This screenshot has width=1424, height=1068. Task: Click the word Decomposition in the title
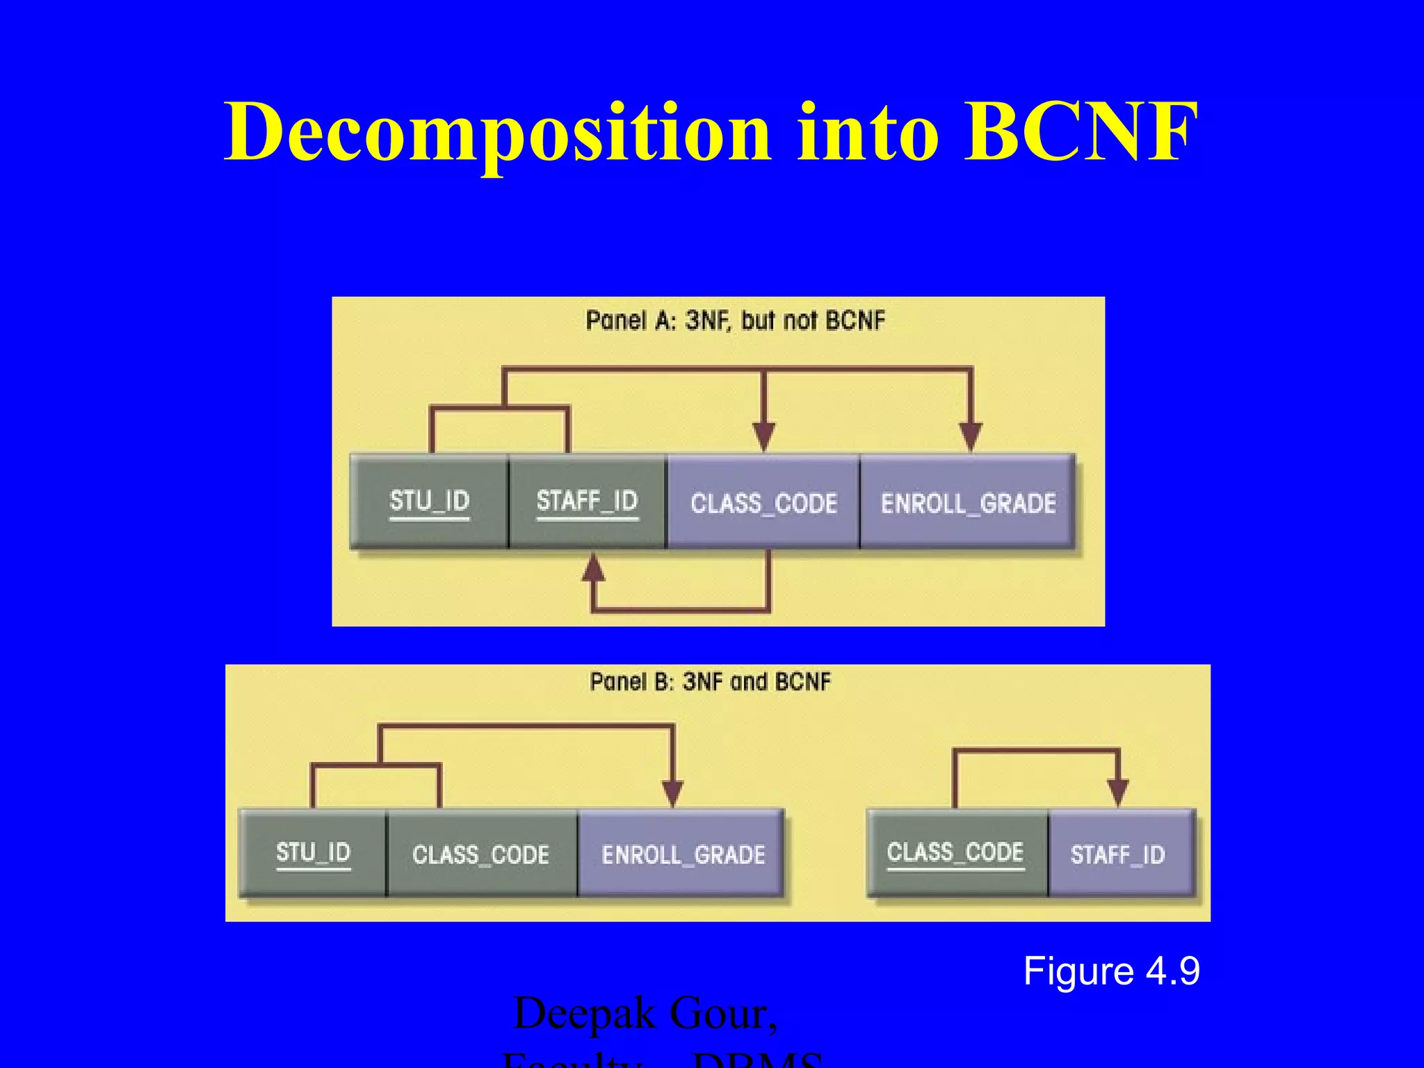(497, 132)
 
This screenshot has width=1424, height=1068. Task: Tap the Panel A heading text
(735, 321)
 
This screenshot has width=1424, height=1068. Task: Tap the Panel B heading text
(710, 681)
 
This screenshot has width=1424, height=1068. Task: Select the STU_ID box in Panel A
(429, 501)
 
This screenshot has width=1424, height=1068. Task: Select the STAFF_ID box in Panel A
(587, 501)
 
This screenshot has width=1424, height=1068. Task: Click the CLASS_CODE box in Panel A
(763, 503)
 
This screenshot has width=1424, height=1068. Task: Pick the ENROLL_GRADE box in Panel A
(968, 503)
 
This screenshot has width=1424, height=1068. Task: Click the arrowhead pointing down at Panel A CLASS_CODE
(764, 436)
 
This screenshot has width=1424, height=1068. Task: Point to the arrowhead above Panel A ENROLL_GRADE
(970, 436)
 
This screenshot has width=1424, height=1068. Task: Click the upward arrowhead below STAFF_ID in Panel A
(593, 567)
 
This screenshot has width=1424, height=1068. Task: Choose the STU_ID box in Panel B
(313, 853)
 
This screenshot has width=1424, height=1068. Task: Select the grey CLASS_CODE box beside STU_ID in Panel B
(480, 855)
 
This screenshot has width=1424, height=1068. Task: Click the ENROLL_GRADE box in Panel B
(682, 855)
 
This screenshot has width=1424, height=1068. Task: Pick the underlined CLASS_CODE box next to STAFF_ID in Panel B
(955, 853)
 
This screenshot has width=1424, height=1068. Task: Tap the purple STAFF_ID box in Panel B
(1117, 855)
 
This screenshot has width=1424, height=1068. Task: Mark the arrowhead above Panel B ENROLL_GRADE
(672, 793)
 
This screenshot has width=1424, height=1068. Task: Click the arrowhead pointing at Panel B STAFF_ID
(1117, 793)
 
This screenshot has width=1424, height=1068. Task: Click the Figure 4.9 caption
(1111, 971)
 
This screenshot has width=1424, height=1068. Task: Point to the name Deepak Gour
(645, 1014)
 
